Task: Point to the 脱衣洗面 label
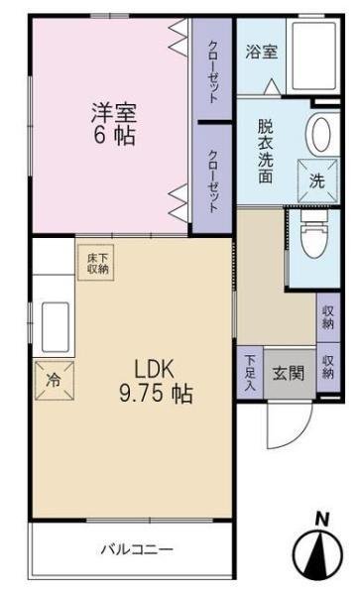point(265,151)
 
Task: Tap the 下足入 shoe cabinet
point(250,374)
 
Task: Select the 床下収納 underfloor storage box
point(97,262)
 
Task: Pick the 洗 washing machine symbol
point(315,179)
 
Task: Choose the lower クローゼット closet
point(213,178)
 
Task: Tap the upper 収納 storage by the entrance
point(327,316)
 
